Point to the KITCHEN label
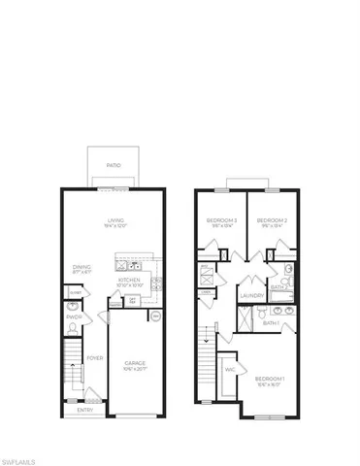coord(131,280)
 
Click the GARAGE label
coord(134,364)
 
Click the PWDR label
coord(73,316)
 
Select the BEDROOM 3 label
coord(219,220)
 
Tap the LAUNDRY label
coord(250,297)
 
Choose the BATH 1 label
coord(271,323)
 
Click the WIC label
coord(231,369)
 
